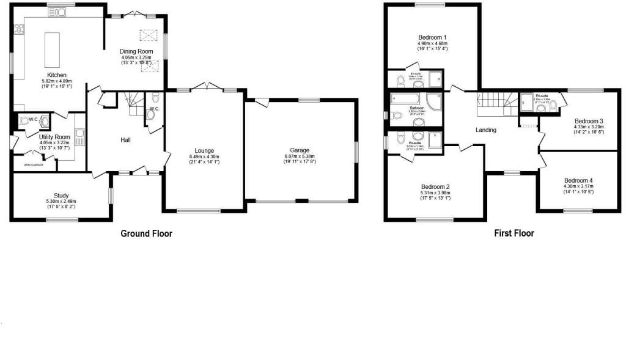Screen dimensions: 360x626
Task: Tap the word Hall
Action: [125, 140]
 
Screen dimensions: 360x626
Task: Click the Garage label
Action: [300, 150]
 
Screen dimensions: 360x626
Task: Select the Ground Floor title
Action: [146, 233]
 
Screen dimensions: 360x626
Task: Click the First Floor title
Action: [514, 233]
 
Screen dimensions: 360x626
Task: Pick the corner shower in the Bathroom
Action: [435, 103]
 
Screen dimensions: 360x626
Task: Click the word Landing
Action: [486, 130]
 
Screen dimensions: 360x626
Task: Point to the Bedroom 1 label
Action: [432, 37]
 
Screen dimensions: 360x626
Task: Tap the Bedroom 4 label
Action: [578, 180]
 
